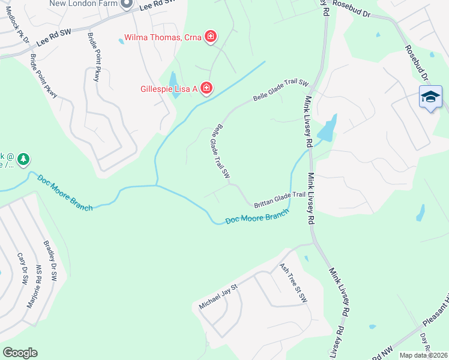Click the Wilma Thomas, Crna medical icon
[x=211, y=37]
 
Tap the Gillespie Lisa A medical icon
[x=206, y=89]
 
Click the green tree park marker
[x=23, y=160]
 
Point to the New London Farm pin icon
[x=126, y=4]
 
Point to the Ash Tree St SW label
[x=294, y=282]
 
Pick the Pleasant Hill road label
[x=430, y=319]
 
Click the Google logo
[x=20, y=353]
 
